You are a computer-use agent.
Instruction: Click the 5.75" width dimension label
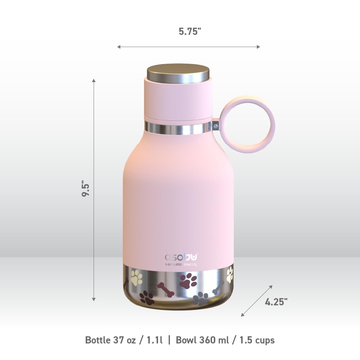point(190,31)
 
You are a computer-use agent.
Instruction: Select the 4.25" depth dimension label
point(276,301)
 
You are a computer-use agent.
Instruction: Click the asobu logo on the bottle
point(181,257)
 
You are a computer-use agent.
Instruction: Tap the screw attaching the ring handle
point(215,126)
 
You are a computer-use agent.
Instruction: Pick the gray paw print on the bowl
point(201,298)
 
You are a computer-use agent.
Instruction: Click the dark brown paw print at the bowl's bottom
point(147,297)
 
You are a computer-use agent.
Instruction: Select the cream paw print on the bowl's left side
point(136,278)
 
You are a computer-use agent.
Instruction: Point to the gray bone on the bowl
point(218,288)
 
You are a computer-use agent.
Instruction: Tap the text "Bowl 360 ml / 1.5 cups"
point(225,340)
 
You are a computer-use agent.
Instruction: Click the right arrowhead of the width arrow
point(257,47)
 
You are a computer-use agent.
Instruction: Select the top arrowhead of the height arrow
point(94,81)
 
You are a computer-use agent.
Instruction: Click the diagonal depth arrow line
point(257,301)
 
